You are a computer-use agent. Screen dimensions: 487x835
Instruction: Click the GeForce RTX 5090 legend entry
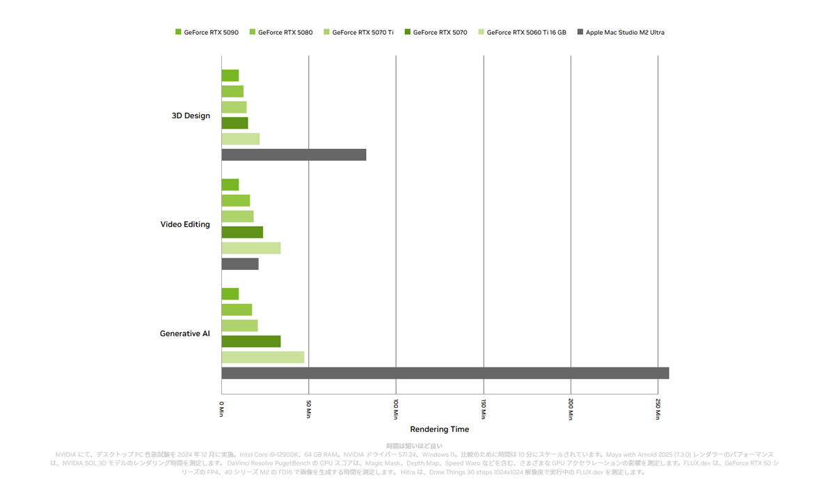207,32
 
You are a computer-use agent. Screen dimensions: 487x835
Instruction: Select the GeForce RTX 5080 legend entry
281,32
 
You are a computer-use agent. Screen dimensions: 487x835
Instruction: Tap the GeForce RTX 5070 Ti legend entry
358,32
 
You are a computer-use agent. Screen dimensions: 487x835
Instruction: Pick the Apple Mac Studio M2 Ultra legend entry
621,32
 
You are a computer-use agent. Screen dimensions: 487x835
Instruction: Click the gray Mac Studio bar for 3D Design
294,154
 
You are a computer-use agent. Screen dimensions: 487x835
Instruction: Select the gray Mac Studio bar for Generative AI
445,373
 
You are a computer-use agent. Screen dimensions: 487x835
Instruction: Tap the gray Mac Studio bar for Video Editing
240,264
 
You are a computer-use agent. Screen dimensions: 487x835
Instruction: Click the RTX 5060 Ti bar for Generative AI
263,357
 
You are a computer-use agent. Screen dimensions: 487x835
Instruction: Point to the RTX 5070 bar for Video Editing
242,232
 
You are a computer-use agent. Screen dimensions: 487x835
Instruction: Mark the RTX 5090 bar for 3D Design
230,76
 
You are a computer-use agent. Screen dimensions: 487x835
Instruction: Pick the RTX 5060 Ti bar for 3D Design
241,139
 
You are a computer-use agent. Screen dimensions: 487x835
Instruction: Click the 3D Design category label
191,115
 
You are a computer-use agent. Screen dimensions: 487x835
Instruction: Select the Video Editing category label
185,224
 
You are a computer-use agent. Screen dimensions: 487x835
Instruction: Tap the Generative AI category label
184,333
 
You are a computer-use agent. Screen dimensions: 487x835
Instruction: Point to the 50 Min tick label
309,409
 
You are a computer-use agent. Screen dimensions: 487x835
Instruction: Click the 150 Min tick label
484,409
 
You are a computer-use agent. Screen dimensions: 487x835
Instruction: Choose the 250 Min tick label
658,409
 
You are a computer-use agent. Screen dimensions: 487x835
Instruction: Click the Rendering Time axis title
439,429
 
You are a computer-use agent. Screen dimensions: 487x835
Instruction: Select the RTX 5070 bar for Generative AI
251,342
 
